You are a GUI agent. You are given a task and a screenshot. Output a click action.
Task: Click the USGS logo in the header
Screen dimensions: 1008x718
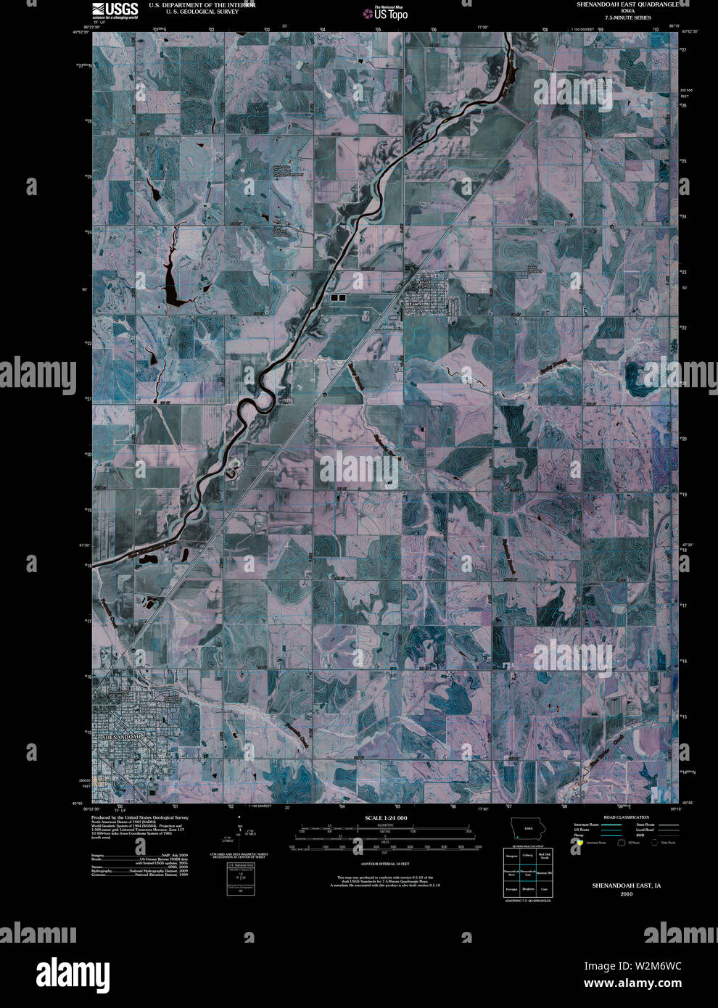point(115,9)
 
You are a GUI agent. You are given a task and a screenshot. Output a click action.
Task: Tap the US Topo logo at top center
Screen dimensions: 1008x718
point(390,12)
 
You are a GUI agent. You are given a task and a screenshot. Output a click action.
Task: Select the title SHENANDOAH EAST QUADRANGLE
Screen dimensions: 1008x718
point(627,4)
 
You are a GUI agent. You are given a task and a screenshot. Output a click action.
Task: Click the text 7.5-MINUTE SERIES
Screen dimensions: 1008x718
point(628,17)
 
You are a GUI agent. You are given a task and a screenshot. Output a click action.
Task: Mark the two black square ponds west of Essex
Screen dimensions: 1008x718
point(338,297)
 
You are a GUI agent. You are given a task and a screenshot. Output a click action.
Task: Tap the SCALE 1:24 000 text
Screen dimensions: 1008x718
point(387,818)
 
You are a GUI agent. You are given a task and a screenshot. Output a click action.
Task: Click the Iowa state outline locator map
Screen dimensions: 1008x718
point(527,831)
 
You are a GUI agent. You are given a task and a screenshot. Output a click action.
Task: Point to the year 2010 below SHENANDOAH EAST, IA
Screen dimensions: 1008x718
point(626,893)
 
